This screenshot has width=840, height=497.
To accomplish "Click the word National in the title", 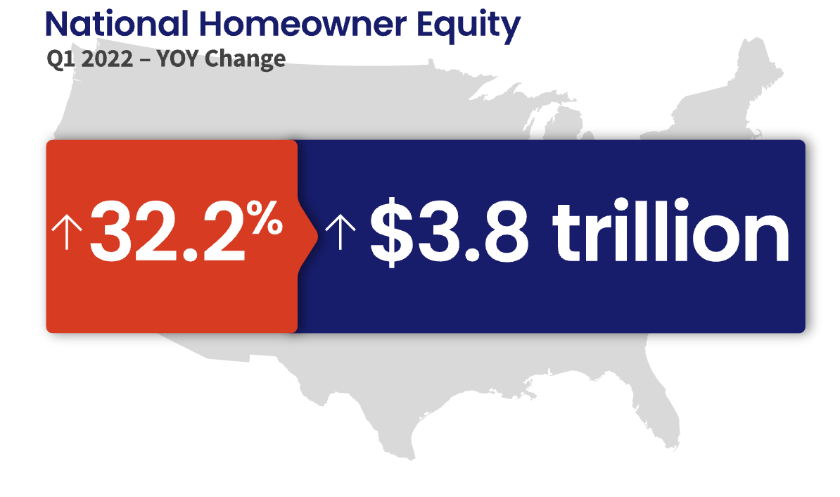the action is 117,24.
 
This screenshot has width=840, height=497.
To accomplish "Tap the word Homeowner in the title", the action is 303,24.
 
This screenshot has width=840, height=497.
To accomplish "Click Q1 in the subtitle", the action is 61,59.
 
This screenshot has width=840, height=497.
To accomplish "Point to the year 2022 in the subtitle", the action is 108,58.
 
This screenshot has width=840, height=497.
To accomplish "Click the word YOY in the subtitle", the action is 177,58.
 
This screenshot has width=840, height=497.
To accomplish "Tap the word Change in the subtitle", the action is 245,60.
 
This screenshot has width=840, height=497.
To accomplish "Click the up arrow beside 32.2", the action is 67,232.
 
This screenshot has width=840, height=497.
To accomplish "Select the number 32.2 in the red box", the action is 167,232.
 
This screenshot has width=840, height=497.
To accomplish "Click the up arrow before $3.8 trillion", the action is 341,232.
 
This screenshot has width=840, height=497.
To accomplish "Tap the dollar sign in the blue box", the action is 392,232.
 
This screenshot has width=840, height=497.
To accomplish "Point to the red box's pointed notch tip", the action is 318,237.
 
